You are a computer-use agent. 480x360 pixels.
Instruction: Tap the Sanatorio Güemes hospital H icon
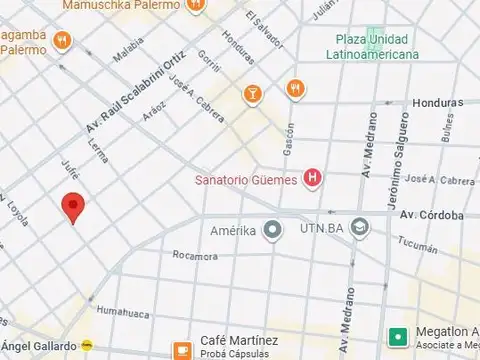(x=314, y=179)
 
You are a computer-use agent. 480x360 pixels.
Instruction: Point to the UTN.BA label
(x=323, y=230)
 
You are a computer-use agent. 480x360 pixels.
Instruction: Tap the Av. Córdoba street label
(x=432, y=215)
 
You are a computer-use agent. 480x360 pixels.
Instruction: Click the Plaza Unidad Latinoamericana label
(x=377, y=47)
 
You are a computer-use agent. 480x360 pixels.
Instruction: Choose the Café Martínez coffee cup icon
(x=182, y=348)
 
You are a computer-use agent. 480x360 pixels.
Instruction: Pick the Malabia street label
(x=129, y=50)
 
